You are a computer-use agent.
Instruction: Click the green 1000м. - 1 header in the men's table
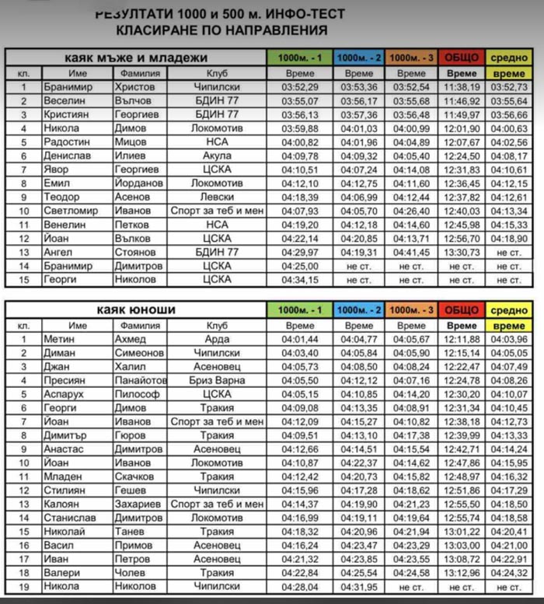pos(299,58)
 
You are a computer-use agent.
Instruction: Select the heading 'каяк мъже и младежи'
pos(136,58)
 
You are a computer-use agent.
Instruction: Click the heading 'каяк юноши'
pos(136,310)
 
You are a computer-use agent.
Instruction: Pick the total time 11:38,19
pos(462,87)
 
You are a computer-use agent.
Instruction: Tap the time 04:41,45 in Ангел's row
pos(411,252)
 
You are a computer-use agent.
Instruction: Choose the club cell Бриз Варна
pos(217,380)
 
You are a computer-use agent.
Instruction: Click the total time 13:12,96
pos(462,573)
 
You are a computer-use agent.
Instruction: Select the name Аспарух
pos(62,394)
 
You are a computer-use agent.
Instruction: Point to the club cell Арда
pos(217,339)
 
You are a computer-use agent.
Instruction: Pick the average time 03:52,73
pos(510,87)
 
